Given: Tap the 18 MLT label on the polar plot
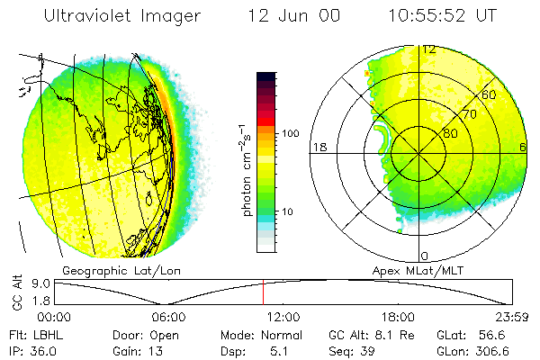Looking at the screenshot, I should click(319, 147).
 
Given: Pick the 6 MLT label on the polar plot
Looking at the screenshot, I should click(523, 147).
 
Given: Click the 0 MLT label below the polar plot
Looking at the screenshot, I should click(425, 256).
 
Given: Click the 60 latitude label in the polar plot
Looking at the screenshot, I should click(490, 94).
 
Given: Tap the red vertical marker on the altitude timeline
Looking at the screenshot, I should click(263, 292).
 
